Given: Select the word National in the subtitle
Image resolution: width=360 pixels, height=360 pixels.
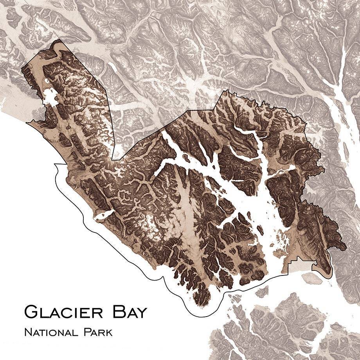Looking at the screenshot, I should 49,333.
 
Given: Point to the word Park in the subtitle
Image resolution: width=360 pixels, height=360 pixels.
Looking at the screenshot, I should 97,333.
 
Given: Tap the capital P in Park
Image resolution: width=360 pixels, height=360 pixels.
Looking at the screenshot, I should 86,333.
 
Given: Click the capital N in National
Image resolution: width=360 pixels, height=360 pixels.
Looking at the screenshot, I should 27,333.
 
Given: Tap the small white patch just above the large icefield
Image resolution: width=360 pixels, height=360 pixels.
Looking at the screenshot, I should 48,81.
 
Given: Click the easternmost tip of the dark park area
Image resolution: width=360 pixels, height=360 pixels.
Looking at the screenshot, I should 346,247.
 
